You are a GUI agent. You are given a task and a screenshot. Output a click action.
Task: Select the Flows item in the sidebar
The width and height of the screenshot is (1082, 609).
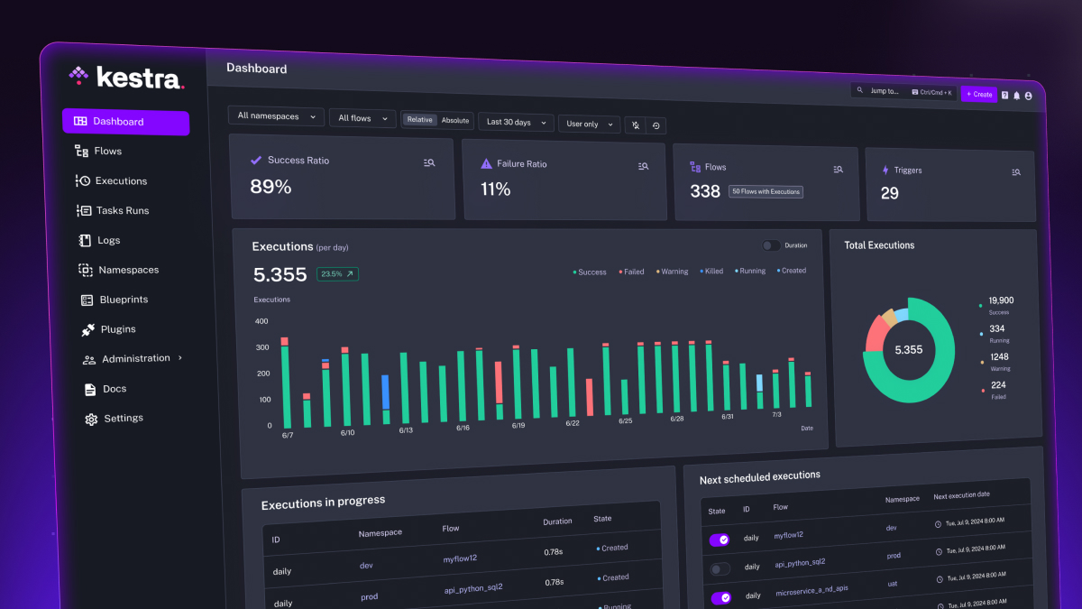[107, 152]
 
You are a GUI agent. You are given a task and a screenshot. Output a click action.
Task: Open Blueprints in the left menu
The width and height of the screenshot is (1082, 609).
[123, 300]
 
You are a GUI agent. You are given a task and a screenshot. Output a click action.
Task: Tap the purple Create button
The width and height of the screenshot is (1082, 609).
[978, 94]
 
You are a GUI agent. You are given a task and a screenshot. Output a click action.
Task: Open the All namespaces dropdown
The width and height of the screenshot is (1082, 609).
[276, 116]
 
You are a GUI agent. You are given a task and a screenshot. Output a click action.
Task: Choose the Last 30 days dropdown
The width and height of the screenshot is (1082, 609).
[515, 122]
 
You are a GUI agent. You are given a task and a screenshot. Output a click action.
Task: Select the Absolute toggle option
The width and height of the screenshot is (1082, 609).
[455, 120]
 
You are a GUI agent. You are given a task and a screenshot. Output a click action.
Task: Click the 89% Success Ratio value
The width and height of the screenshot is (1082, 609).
[270, 187]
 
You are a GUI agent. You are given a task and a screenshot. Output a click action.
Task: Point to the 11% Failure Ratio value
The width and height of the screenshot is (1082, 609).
[496, 189]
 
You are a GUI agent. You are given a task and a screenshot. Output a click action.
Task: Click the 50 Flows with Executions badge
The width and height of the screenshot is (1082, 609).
[766, 191]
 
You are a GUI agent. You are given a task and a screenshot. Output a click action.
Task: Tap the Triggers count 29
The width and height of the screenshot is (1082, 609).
[889, 193]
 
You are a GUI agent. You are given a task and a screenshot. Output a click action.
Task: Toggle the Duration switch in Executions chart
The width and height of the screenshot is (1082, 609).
[771, 245]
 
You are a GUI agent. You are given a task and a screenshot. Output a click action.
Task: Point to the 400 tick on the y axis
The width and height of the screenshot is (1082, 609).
[261, 321]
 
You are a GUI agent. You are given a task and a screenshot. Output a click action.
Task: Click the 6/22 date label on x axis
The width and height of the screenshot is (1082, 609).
[573, 423]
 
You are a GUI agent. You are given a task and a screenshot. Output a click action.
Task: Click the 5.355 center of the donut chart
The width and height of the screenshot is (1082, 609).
[908, 350]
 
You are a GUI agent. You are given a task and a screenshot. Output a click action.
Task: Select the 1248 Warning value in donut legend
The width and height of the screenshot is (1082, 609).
[1000, 357]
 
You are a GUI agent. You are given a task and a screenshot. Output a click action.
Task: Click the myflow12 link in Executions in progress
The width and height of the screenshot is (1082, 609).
[460, 559]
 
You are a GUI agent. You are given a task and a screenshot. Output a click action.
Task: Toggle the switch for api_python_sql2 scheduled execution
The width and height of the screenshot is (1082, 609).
[720, 568]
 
